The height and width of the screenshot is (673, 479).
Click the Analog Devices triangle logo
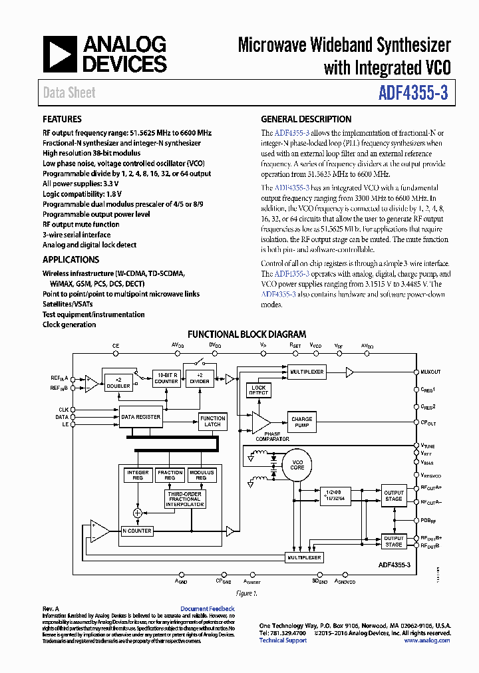[59, 55]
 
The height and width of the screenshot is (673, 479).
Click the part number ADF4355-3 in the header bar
[413, 93]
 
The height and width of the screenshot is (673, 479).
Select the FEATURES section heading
[62, 120]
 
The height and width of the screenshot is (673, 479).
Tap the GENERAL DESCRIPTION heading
[306, 120]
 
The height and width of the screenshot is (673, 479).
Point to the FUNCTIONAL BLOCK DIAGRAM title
[247, 335]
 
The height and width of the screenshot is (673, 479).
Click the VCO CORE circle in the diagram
[297, 464]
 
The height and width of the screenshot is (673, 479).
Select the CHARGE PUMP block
[301, 422]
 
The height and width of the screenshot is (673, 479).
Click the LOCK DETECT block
[258, 390]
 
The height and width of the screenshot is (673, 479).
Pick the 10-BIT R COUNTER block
[166, 378]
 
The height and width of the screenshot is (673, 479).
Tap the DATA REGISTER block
[140, 417]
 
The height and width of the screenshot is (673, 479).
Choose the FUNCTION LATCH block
[212, 421]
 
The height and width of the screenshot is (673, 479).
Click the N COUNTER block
[137, 531]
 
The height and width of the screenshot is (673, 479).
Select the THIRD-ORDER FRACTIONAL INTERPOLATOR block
[184, 499]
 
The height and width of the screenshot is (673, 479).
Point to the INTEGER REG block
[138, 475]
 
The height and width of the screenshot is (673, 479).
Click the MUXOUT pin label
[430, 372]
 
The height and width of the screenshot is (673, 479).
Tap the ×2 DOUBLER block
[117, 381]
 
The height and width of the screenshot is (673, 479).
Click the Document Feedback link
[207, 608]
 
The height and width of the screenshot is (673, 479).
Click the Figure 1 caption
[247, 593]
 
